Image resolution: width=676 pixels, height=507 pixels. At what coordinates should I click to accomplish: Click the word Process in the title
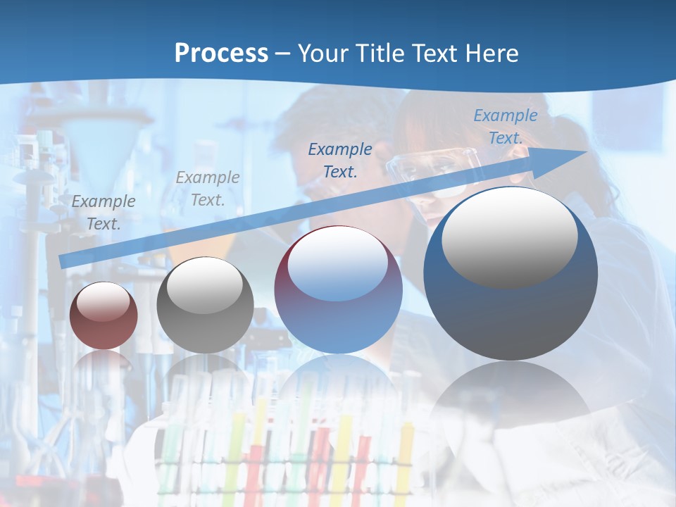pyautogui.click(x=221, y=54)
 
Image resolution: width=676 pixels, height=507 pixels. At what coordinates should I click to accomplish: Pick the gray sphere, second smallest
pyautogui.click(x=205, y=305)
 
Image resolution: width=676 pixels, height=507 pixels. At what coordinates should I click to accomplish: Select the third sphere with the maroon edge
pyautogui.click(x=338, y=290)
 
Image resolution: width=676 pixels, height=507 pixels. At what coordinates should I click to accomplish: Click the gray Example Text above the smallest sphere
pyautogui.click(x=104, y=213)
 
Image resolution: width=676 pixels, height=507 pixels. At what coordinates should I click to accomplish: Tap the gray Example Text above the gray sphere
pyautogui.click(x=207, y=189)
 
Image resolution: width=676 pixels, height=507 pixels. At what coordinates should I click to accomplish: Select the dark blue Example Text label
pyautogui.click(x=340, y=160)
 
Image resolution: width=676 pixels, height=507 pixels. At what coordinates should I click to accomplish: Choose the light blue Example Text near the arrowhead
pyautogui.click(x=505, y=127)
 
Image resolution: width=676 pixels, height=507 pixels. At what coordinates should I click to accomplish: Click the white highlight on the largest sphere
pyautogui.click(x=509, y=237)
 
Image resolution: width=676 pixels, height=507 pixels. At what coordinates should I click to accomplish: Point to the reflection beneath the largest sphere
pyautogui.click(x=511, y=401)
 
